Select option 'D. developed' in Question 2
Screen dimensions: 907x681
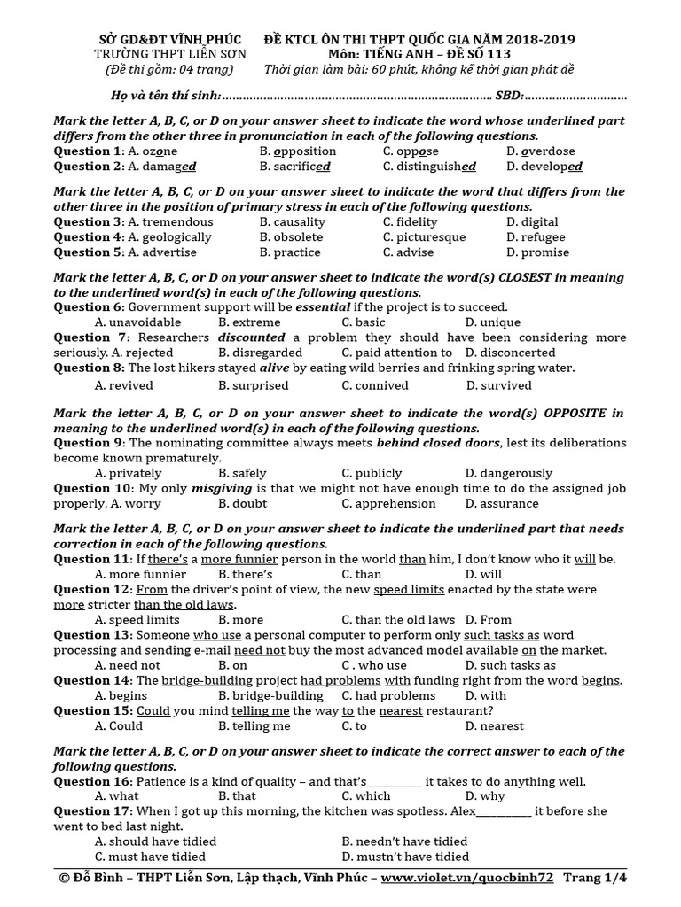pos(544,167)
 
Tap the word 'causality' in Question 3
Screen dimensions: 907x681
pos(300,222)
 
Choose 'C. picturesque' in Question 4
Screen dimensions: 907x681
pos(424,237)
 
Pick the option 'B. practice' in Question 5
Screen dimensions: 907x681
pos(290,252)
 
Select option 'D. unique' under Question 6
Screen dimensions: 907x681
pos(492,322)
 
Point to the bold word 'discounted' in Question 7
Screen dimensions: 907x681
pos(252,337)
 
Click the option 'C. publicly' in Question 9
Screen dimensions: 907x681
pos(372,473)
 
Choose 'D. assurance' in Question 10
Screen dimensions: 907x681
pos(501,503)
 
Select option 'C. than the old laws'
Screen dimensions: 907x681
pos(398,620)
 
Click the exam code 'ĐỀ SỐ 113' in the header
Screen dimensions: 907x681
pos(532,55)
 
